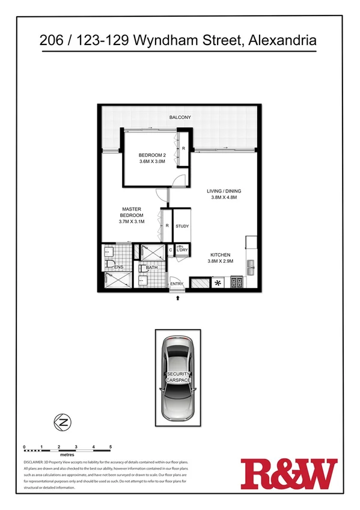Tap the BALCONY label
(180, 117)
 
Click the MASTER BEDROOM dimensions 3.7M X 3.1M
(131, 221)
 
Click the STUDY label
(182, 227)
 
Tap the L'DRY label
(183, 250)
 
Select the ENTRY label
(177, 284)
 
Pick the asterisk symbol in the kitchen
(217, 283)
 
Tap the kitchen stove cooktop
(236, 283)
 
